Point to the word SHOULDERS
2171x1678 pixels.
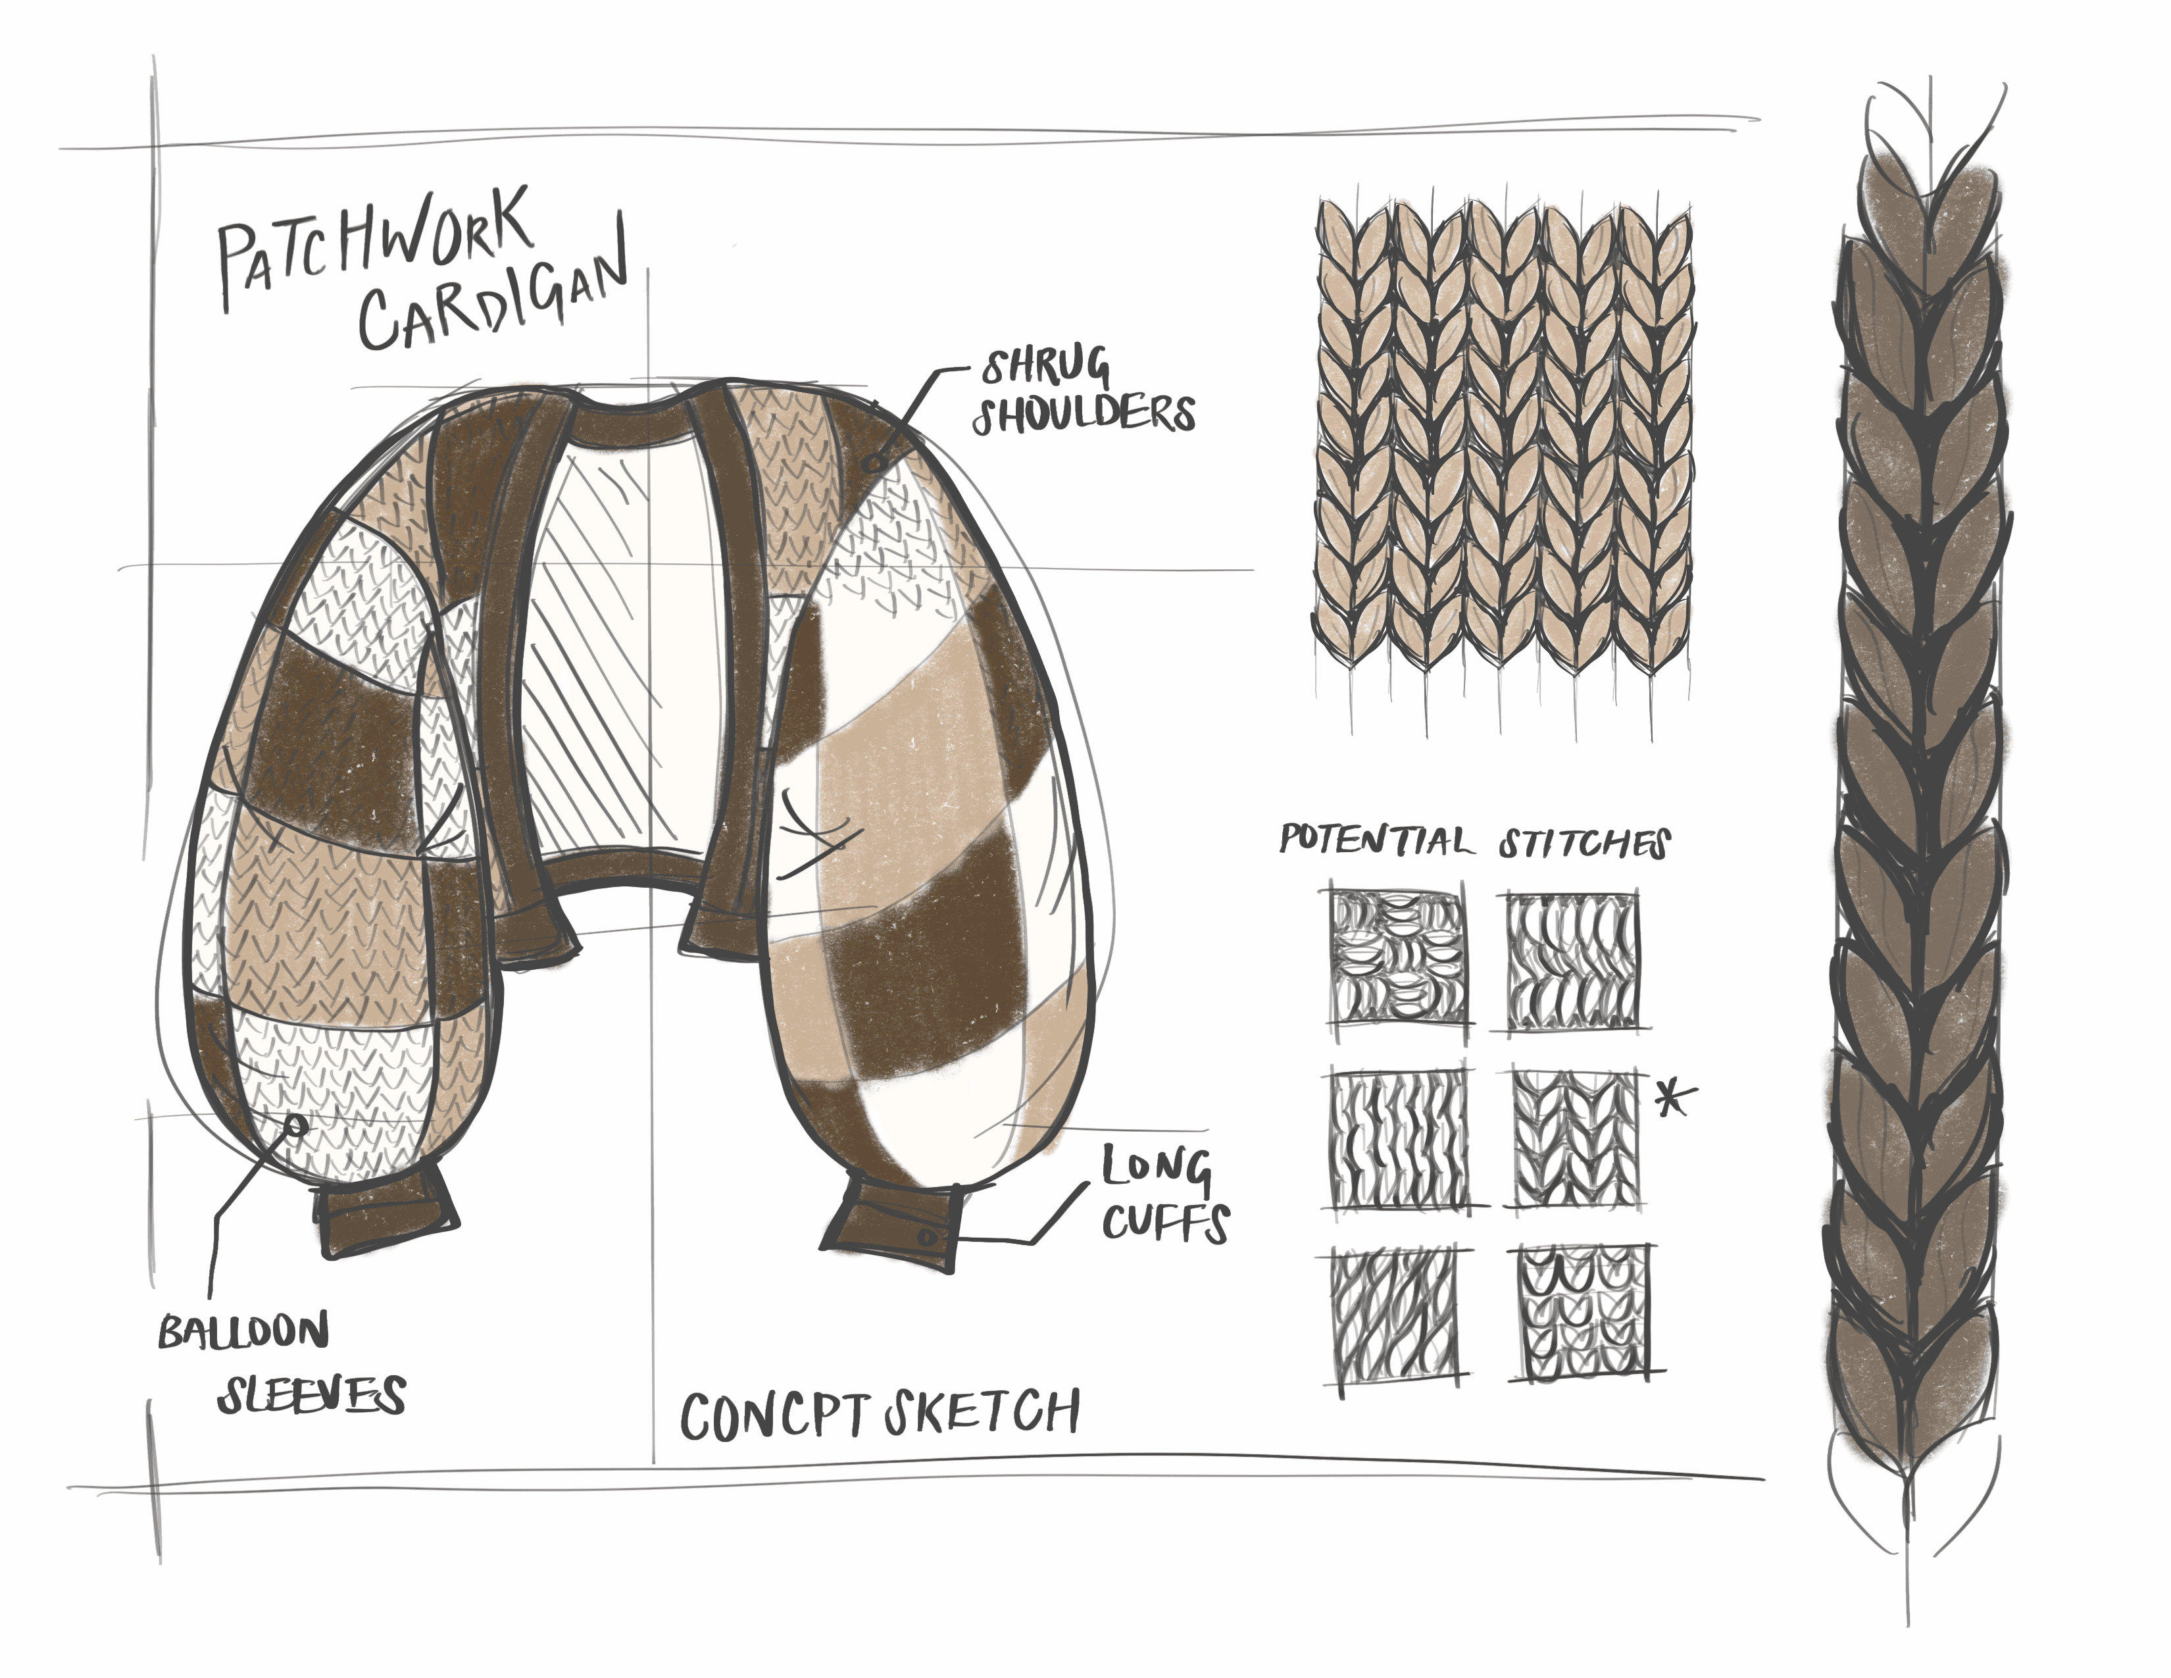point(1084,413)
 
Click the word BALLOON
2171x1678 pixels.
point(243,1331)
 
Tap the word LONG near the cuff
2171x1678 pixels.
point(1155,1169)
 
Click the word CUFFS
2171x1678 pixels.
point(1165,1223)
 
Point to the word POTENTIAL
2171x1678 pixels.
point(1374,840)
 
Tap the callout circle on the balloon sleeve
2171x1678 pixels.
point(295,1127)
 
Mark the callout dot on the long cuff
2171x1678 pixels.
point(926,1238)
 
